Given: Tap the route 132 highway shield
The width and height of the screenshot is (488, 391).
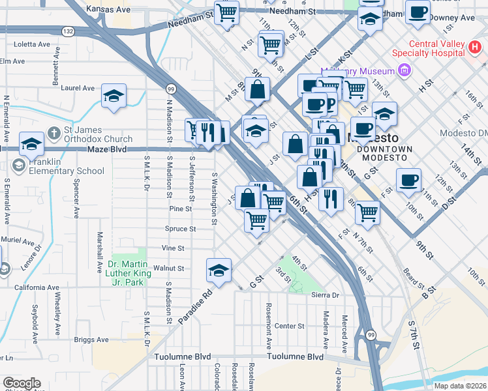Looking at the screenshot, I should (69, 31).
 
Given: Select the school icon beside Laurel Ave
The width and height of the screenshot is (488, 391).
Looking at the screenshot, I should (114, 97).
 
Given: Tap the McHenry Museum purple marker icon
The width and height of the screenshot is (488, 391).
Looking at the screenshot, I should (404, 70).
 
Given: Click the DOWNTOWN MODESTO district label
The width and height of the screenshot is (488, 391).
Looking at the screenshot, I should (385, 154).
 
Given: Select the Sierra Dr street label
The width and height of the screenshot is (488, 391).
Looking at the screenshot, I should (326, 295).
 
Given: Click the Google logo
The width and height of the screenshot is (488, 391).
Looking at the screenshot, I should (22, 383).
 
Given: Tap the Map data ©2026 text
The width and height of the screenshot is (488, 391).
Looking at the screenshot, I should (459, 386).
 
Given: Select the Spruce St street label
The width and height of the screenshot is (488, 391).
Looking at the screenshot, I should (180, 229).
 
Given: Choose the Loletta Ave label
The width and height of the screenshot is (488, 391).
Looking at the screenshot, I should (32, 44).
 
